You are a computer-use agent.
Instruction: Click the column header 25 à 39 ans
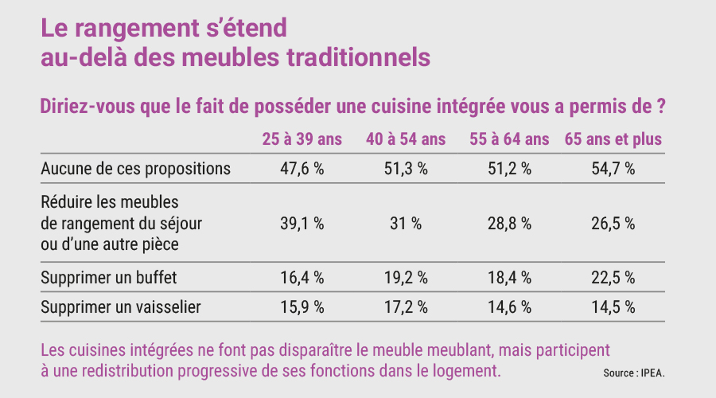pyautogui.click(x=302, y=139)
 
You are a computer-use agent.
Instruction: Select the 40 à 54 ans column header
pyautogui.click(x=406, y=139)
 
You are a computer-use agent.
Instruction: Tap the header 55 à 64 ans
pyautogui.click(x=509, y=139)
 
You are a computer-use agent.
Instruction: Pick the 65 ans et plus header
pyautogui.click(x=613, y=139)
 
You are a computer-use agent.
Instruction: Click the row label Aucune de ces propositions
pyautogui.click(x=135, y=169)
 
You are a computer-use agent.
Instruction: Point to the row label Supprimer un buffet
pyautogui.click(x=109, y=277)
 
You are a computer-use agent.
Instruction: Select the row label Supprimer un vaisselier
pyautogui.click(x=121, y=307)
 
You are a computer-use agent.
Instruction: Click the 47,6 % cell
pyautogui.click(x=302, y=169)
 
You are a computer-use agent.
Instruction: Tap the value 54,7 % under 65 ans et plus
pyautogui.click(x=613, y=169)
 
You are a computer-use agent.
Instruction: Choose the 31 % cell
pyautogui.click(x=406, y=224)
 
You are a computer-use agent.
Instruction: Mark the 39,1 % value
pyautogui.click(x=302, y=224)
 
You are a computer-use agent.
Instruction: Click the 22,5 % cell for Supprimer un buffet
pyautogui.click(x=613, y=277)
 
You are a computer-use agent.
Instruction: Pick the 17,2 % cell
pyautogui.click(x=406, y=307)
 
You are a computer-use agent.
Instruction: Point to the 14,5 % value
pyautogui.click(x=613, y=307)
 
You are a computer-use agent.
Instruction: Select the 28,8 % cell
pyautogui.click(x=509, y=224)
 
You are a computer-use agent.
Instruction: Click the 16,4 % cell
pyautogui.click(x=302, y=277)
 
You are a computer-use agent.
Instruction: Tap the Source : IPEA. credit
pyautogui.click(x=634, y=373)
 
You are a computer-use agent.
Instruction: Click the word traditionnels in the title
pyautogui.click(x=359, y=57)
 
